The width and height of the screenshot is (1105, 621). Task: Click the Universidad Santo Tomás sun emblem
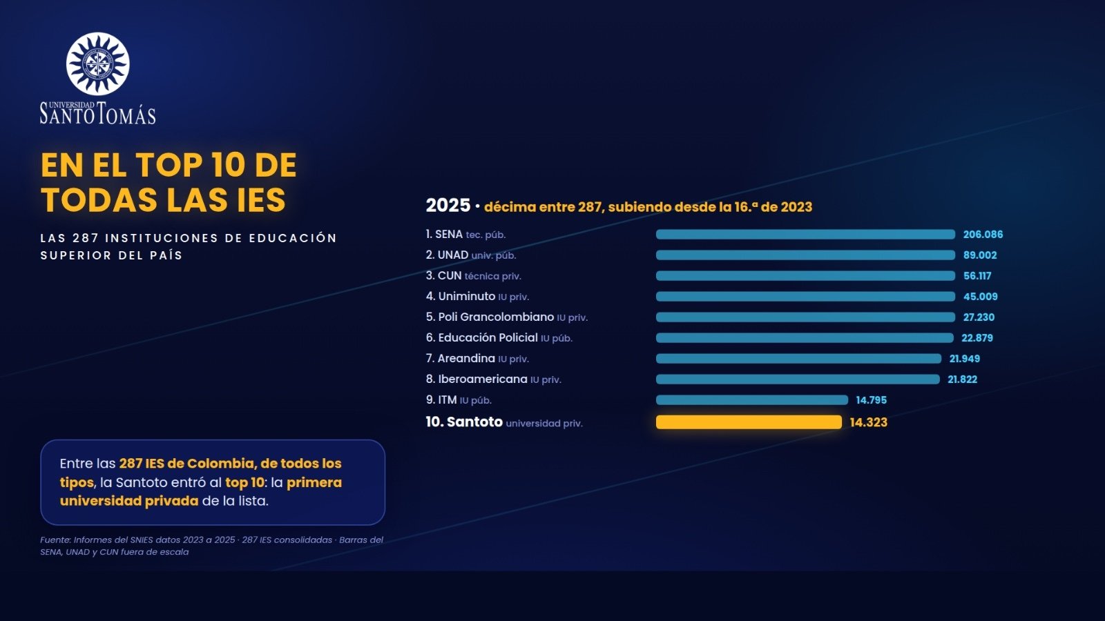[97, 63]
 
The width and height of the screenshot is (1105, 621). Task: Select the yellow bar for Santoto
[749, 422]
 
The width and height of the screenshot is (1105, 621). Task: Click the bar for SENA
[805, 235]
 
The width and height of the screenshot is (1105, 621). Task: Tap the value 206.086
[983, 235]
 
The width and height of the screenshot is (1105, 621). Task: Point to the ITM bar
[752, 400]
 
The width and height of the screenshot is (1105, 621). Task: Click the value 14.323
[868, 422]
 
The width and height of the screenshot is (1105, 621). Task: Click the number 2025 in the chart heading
[448, 206]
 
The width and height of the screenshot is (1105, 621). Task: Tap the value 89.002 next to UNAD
[980, 255]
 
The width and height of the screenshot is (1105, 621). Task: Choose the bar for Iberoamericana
[798, 379]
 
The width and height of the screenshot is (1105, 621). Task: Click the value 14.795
[871, 400]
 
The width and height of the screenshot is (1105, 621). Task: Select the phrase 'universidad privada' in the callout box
[128, 501]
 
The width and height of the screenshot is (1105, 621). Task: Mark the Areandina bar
[798, 358]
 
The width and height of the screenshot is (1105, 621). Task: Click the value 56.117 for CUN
[977, 276]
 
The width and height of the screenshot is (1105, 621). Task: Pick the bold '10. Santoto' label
[464, 422]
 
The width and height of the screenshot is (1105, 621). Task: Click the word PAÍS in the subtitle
[169, 255]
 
